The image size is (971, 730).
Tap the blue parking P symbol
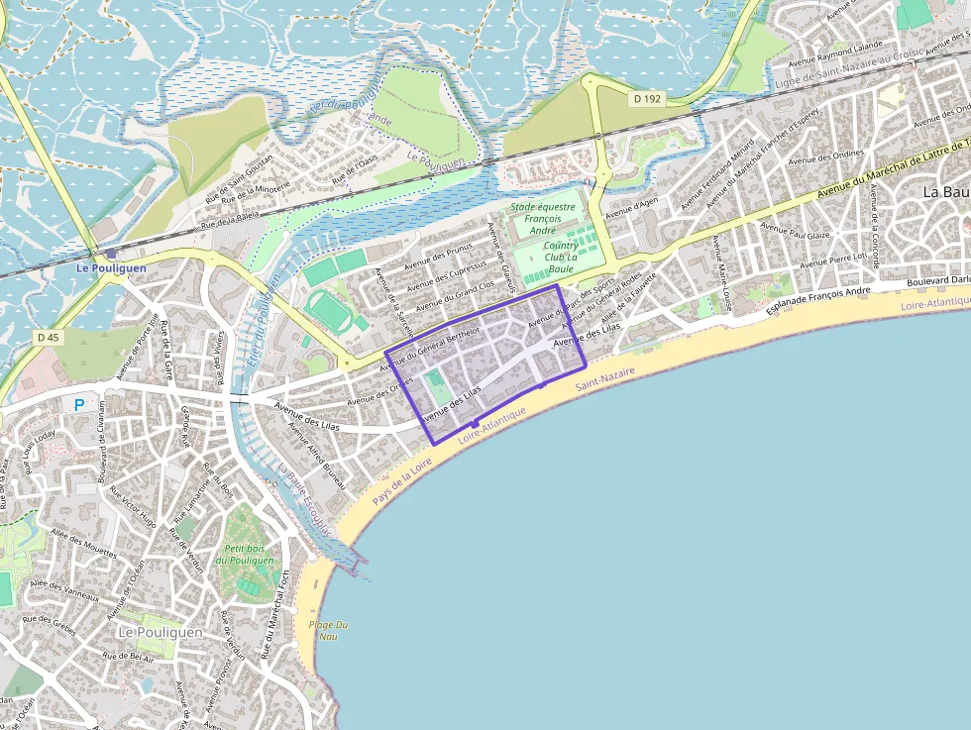tap(78, 404)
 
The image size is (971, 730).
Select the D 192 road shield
tap(646, 99)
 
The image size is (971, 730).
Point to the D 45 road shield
tap(48, 338)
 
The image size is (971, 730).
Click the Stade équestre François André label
tap(542, 218)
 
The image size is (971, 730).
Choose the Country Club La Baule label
tap(561, 257)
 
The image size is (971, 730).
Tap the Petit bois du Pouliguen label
tap(248, 555)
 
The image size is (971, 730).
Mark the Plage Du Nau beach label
tap(328, 630)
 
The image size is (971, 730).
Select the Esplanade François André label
tap(817, 301)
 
